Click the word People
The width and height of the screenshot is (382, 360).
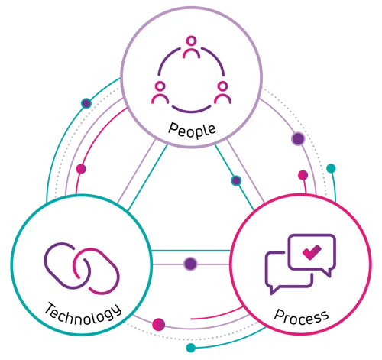(192, 131)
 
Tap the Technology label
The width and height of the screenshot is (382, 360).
(83, 315)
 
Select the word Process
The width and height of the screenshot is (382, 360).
(302, 317)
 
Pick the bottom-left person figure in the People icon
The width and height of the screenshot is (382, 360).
(160, 92)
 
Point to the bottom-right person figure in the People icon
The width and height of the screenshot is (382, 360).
(223, 92)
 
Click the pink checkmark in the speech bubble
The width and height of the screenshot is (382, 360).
(312, 252)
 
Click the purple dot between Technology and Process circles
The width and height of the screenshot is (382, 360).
(190, 264)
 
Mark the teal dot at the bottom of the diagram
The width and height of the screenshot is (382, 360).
(191, 348)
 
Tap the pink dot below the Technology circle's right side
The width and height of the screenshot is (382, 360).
(158, 325)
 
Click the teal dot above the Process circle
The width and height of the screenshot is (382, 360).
(331, 168)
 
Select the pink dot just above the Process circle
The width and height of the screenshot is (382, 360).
(303, 175)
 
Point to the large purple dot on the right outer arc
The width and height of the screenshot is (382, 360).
(298, 139)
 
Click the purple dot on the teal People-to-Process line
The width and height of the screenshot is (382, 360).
(236, 180)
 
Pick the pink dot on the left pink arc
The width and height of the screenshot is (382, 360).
(81, 169)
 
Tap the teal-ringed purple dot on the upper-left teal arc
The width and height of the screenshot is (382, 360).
(86, 103)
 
